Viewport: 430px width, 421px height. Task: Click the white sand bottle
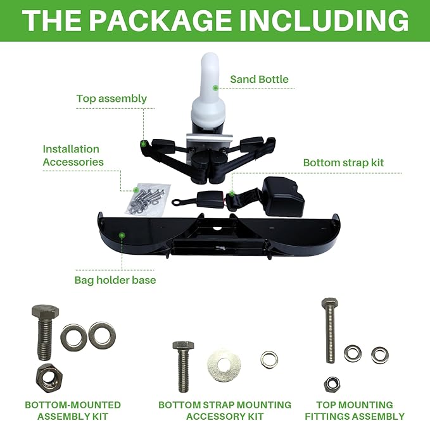[x=208, y=93]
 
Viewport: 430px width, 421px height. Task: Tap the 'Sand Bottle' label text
[x=259, y=79]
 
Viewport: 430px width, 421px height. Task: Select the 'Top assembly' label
[x=111, y=99]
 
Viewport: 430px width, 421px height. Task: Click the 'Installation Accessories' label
[x=73, y=156]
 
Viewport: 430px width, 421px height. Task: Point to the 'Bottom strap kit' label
[x=343, y=162]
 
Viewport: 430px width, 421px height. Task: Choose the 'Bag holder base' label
[x=115, y=280]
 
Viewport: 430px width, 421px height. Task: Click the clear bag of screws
[x=148, y=199]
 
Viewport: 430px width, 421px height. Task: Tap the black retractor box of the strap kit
[x=282, y=196]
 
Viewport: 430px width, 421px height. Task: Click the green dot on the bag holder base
[x=122, y=235]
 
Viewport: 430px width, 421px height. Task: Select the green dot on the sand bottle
[x=215, y=88]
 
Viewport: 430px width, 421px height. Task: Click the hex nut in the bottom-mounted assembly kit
[x=49, y=378]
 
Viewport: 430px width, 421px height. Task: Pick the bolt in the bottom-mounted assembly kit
[x=45, y=332]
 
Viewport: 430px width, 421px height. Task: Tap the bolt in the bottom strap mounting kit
[x=184, y=366]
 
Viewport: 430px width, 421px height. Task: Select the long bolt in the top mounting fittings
[x=330, y=330]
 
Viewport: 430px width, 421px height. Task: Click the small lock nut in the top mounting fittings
[x=332, y=384]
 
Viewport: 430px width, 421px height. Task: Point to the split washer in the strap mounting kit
[x=269, y=360]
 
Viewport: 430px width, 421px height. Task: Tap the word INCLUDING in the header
[x=324, y=21]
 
